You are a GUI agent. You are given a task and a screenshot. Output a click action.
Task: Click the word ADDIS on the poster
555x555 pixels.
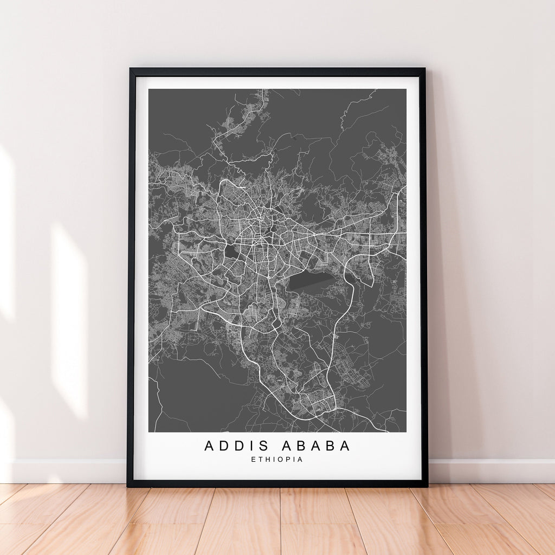coord(236,446)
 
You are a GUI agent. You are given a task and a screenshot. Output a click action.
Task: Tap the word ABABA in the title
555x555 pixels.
coord(315,446)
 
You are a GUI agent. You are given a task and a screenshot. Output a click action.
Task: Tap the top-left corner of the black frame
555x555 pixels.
coord(131,69)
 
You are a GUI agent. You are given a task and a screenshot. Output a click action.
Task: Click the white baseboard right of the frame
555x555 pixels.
coord(488,471)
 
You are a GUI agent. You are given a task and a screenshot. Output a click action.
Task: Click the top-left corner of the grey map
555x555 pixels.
coord(149,89)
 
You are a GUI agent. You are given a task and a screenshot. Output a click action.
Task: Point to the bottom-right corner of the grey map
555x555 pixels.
coord(405,431)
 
